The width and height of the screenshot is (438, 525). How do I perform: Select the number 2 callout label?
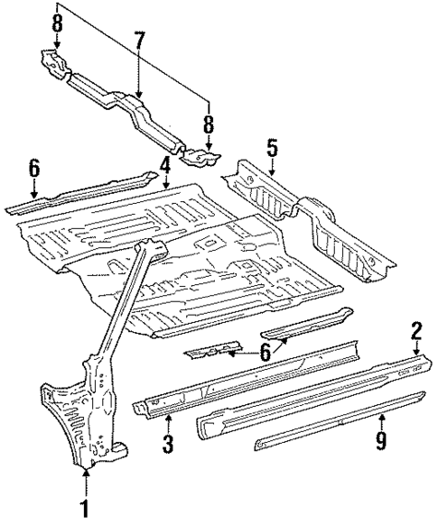(416, 330)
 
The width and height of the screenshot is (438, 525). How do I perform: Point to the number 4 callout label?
(165, 165)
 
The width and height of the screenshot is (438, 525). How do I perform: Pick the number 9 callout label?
(381, 440)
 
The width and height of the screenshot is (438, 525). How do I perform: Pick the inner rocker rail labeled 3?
(244, 379)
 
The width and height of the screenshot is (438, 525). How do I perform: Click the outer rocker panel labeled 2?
(307, 397)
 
